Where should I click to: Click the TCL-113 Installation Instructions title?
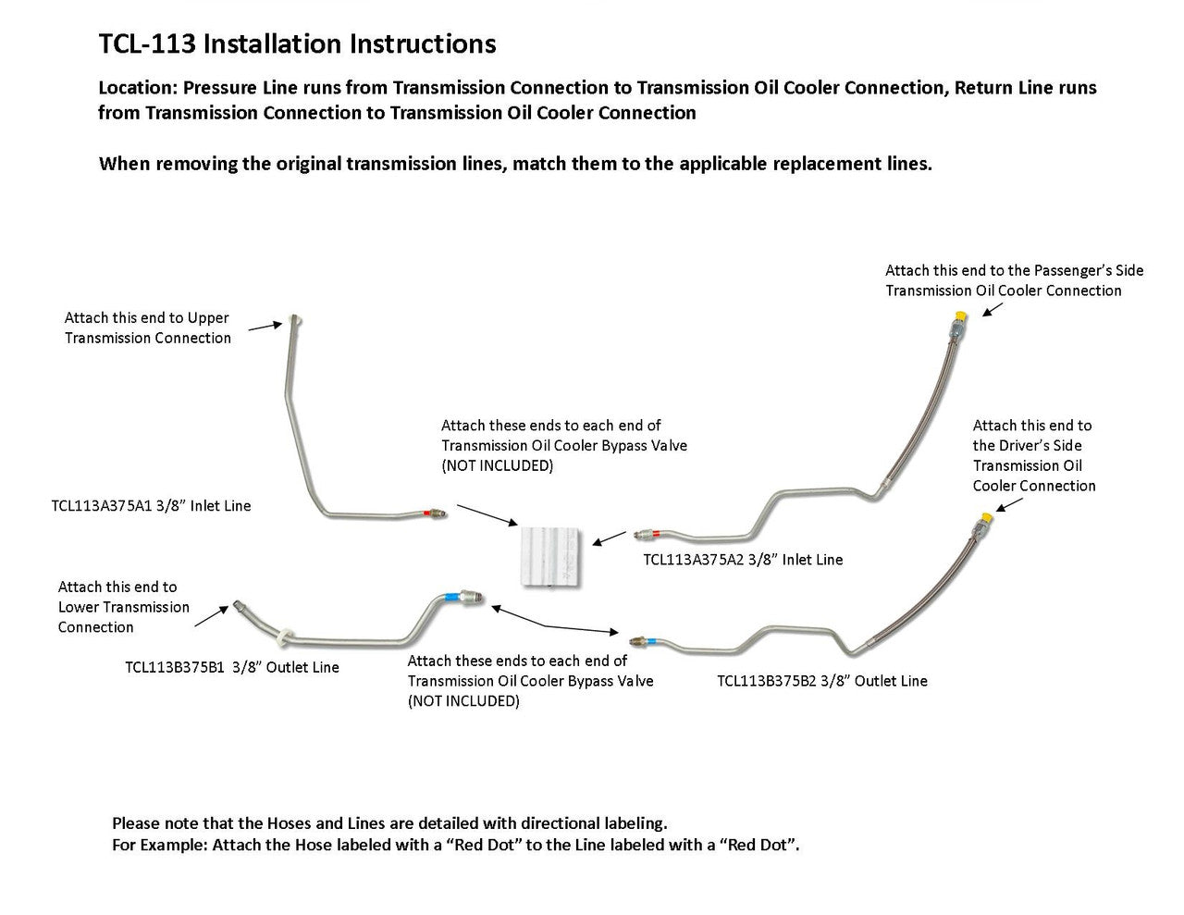pyautogui.click(x=297, y=43)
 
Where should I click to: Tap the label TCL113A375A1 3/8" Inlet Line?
pyautogui.click(x=151, y=506)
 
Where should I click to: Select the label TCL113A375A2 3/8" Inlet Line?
pyautogui.click(x=743, y=560)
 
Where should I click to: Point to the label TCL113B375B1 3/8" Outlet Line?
pyautogui.click(x=231, y=667)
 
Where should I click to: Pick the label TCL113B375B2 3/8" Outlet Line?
pyautogui.click(x=821, y=681)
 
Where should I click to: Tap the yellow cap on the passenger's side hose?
pyautogui.click(x=960, y=317)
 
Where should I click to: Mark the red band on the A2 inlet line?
pyautogui.click(x=653, y=535)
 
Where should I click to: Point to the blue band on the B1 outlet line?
pyautogui.click(x=450, y=599)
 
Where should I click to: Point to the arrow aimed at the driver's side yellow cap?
pyautogui.click(x=1009, y=505)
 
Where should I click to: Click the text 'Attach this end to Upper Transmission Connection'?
pyautogui.click(x=147, y=328)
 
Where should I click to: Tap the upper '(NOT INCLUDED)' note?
pyautogui.click(x=497, y=465)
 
